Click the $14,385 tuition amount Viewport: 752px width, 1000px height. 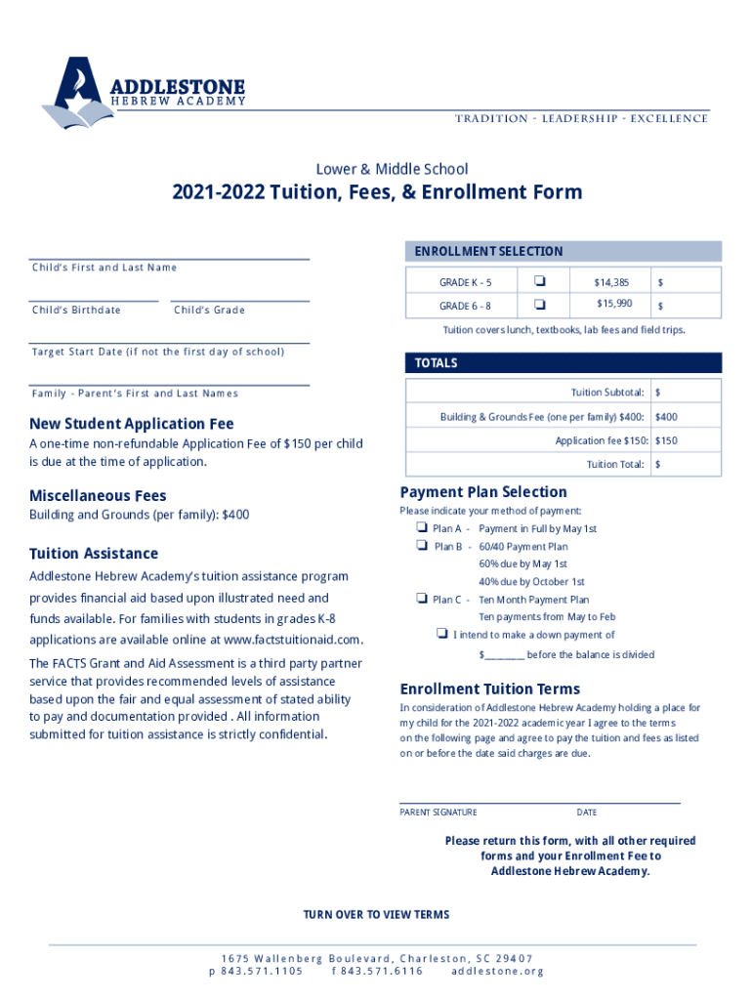[611, 282]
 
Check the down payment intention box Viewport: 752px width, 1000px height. [441, 634]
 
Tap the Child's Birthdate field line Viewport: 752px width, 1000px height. [93, 300]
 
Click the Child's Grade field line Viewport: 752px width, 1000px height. [239, 300]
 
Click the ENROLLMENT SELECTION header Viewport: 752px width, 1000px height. [488, 251]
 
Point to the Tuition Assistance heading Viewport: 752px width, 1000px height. [94, 554]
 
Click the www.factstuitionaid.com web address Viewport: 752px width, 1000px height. [293, 641]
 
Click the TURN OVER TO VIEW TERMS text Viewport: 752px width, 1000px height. [376, 915]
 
